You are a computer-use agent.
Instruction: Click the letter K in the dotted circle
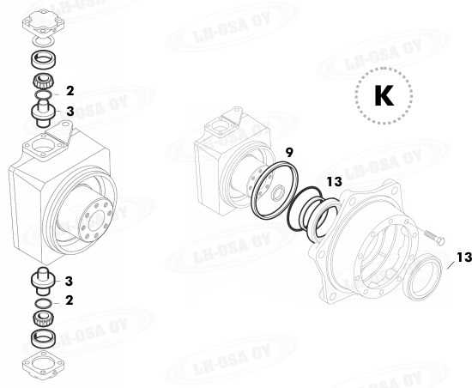(382, 97)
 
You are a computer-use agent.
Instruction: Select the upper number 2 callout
(70, 89)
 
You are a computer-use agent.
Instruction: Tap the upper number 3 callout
(70, 111)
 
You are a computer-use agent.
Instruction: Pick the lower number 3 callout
(70, 281)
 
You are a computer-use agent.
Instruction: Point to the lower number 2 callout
(70, 300)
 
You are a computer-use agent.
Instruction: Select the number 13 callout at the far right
(462, 257)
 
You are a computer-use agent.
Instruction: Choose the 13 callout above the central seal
(334, 182)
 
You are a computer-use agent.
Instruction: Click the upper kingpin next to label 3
(42, 112)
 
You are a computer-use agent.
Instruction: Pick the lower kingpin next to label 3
(42, 281)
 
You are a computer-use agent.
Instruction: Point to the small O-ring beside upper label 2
(42, 97)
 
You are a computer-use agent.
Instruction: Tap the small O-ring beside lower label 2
(42, 302)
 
